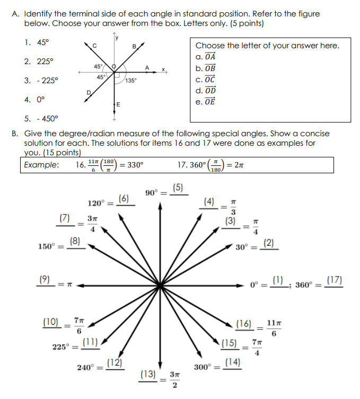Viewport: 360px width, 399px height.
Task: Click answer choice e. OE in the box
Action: (206, 101)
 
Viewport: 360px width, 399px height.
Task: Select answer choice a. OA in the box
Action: (206, 57)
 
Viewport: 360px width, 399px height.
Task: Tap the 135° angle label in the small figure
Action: (131, 81)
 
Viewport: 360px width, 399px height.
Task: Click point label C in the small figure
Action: (94, 46)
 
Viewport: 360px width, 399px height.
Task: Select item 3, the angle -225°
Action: (41, 80)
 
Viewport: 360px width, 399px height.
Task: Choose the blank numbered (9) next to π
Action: (47, 279)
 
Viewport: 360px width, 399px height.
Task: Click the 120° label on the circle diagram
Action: (97, 203)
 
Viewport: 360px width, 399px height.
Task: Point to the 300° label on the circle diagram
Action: (204, 367)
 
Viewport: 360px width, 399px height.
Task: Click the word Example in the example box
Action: (41, 164)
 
